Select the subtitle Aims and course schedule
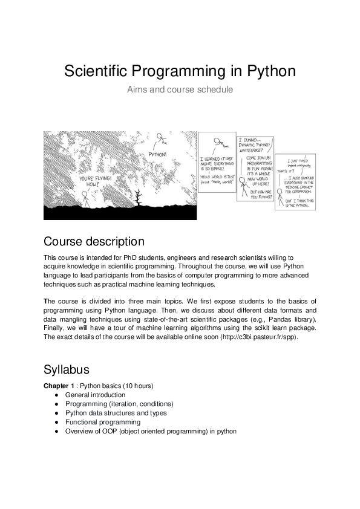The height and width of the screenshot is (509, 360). click(x=180, y=89)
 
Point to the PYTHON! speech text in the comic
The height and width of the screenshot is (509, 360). click(x=157, y=154)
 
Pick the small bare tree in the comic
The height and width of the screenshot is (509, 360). click(x=140, y=196)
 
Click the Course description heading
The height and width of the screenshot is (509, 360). click(x=94, y=242)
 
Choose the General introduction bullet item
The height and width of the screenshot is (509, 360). click(x=96, y=395)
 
